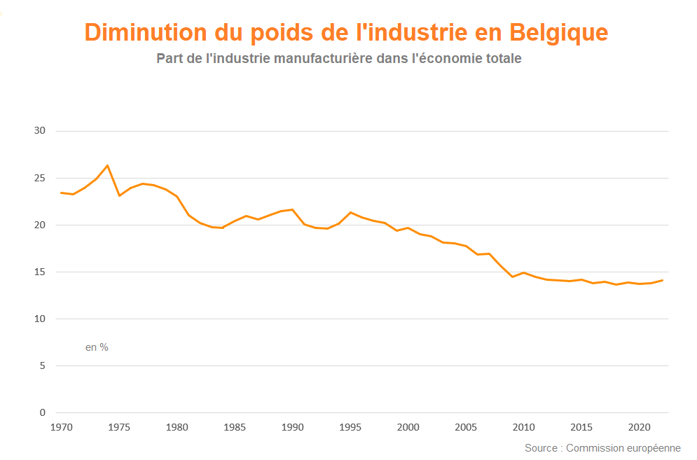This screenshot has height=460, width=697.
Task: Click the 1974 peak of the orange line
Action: tap(107, 165)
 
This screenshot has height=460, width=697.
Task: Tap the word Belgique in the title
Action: tap(559, 33)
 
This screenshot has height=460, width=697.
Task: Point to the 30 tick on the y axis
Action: tap(39, 131)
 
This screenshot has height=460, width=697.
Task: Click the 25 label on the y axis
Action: tap(39, 178)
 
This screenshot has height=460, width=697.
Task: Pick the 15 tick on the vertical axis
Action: tap(39, 272)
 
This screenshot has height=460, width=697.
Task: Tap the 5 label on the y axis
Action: tap(42, 365)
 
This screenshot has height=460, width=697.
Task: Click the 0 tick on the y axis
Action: tap(42, 412)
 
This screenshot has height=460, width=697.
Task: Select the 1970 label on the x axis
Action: tap(62, 427)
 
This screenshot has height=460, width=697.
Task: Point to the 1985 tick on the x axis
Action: tap(235, 427)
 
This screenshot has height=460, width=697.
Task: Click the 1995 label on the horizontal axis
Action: tap(350, 427)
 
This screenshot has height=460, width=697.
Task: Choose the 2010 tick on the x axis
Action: tap(523, 427)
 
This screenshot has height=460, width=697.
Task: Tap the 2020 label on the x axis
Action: tap(639, 427)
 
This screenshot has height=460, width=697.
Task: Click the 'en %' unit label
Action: tap(97, 347)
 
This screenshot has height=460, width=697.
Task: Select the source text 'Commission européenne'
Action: tap(623, 448)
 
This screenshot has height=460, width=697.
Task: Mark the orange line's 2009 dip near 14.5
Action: tap(512, 277)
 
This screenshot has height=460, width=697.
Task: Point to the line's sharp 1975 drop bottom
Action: tap(119, 195)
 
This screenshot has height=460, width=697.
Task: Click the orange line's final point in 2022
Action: tap(662, 280)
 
